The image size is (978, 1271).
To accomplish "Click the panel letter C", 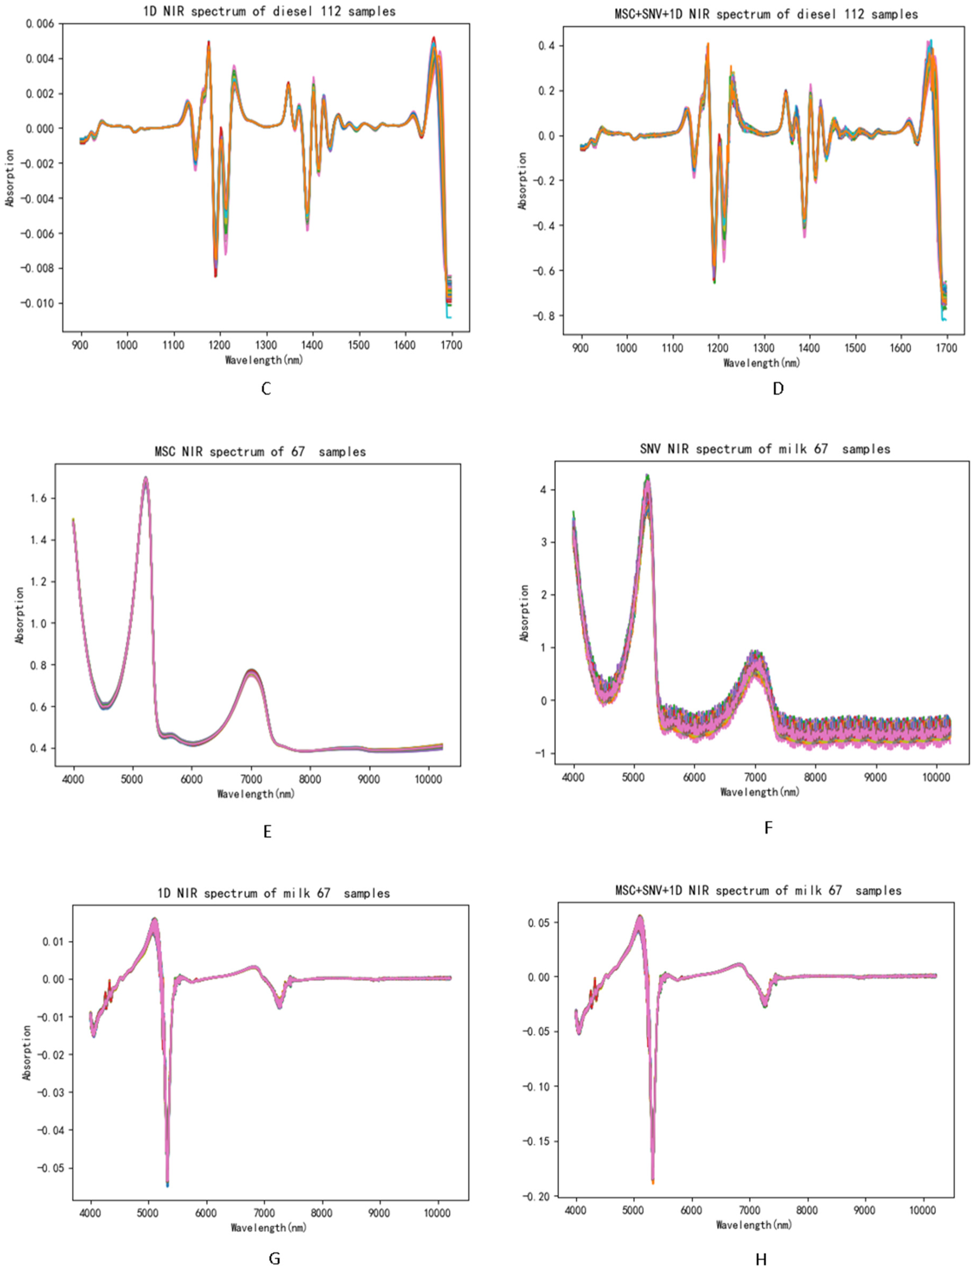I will (266, 389).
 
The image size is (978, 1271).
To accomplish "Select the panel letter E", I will (267, 832).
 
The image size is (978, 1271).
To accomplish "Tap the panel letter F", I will (768, 828).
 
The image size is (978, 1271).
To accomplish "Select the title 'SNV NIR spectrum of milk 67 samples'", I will (764, 449).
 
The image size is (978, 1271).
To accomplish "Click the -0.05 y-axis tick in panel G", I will (51, 1168).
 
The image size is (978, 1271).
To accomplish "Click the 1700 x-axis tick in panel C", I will (451, 345).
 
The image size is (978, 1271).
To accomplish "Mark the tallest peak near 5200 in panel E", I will (146, 478).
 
